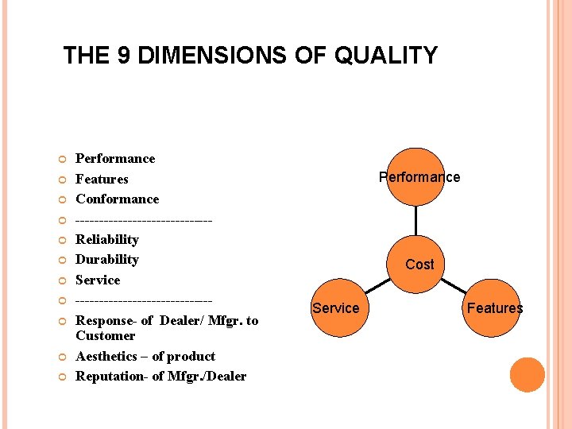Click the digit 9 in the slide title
point(114,56)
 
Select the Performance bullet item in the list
point(115,159)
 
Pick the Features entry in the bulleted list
point(102,180)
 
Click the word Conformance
point(117,199)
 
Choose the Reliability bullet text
point(107,240)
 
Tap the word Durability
point(107,260)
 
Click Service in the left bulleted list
point(98,280)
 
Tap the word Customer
point(105,336)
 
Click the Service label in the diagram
point(335,308)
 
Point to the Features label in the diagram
point(494,308)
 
